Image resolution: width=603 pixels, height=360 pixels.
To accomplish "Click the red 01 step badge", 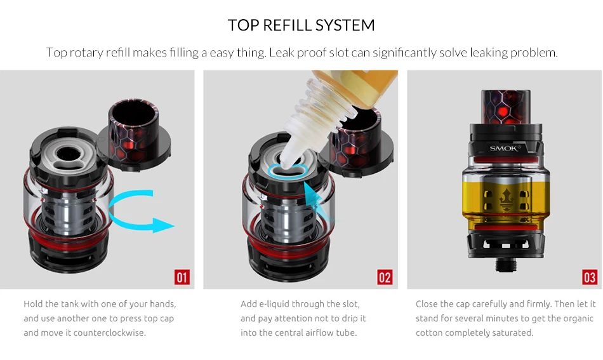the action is [182, 277].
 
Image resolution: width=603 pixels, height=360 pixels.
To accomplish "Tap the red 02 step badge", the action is [385, 277].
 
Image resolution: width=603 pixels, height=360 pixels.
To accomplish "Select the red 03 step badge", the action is [590, 277].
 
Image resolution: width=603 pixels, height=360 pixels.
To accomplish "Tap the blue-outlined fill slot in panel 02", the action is [288, 170].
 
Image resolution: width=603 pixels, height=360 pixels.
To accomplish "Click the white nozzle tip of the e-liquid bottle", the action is [286, 161].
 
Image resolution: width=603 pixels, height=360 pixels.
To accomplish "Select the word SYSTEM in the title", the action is [345, 25].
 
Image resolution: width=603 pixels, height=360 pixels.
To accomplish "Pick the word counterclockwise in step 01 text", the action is [109, 333].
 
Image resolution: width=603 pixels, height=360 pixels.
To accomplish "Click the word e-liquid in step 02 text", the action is [274, 304].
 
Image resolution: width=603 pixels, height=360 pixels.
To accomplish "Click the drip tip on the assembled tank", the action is [506, 107].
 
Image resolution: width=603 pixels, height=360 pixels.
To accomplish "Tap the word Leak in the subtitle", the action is [282, 52].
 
